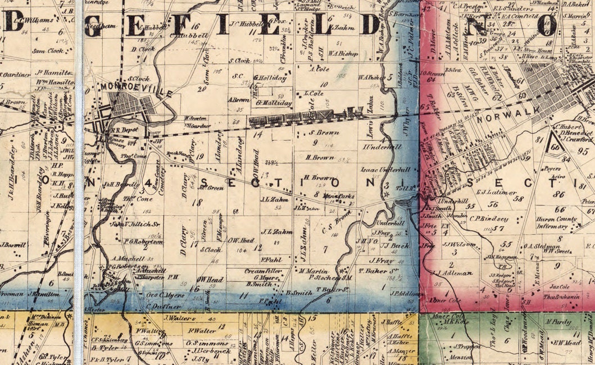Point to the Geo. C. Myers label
click(x=166, y=295)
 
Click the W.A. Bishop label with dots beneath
click(x=342, y=53)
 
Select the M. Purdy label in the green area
click(x=558, y=322)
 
